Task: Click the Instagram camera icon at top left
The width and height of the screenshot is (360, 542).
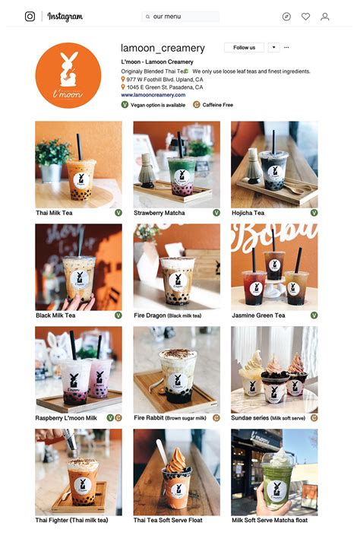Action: pos(30,16)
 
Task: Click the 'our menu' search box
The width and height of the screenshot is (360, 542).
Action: pos(180,16)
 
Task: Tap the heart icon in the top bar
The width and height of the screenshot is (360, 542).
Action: pos(305,16)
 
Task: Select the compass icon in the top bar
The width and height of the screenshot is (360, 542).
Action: pos(286,16)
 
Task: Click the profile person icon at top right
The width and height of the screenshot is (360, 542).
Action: pos(325,16)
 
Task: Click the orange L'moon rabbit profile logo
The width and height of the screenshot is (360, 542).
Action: pos(68,75)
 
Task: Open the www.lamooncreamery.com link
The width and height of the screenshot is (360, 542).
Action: pos(153,95)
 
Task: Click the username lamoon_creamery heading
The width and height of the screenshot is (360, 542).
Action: pos(163,48)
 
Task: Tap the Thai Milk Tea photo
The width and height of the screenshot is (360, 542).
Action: pos(78,164)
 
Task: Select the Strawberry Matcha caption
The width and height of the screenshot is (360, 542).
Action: pos(159,214)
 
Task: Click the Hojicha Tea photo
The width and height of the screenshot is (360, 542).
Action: pos(274,164)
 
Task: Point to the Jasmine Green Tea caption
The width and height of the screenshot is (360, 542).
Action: pos(258,315)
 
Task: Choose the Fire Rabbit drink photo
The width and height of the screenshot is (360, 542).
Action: pos(176,369)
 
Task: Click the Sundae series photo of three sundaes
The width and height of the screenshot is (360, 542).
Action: pos(274,369)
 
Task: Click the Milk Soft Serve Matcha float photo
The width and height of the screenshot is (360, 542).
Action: pos(274,472)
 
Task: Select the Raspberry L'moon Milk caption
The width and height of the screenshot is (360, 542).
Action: pos(66,418)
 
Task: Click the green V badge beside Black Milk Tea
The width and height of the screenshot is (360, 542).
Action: pos(118,315)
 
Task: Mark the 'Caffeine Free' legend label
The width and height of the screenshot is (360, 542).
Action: pos(218,105)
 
